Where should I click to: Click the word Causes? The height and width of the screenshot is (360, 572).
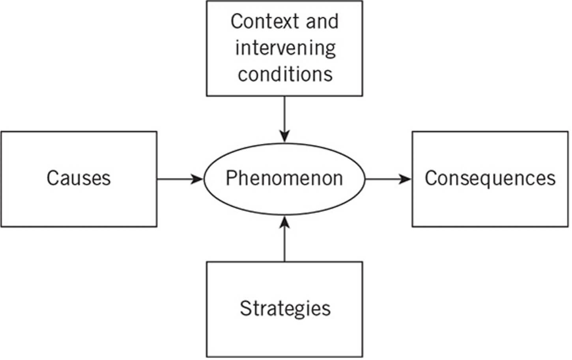(x=79, y=178)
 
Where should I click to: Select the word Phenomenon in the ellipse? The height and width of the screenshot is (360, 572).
(x=284, y=178)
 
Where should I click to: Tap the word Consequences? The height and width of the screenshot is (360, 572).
(x=490, y=178)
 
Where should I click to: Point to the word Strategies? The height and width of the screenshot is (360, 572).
(x=285, y=309)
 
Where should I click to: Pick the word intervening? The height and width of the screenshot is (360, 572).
(x=285, y=48)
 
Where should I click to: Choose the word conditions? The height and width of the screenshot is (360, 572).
(x=285, y=74)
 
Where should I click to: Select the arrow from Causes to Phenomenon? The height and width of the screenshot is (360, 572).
(x=179, y=179)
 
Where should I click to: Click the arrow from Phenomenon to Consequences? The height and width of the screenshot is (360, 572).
(x=388, y=179)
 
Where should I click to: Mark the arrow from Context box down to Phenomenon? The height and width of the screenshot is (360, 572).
(x=284, y=118)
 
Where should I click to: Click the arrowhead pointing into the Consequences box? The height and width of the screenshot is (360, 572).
(x=405, y=179)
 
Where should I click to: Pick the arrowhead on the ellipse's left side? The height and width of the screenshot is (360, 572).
(x=197, y=179)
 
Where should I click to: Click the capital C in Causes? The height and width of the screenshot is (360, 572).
(x=52, y=178)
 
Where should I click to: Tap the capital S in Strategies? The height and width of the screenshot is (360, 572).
(x=245, y=308)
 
